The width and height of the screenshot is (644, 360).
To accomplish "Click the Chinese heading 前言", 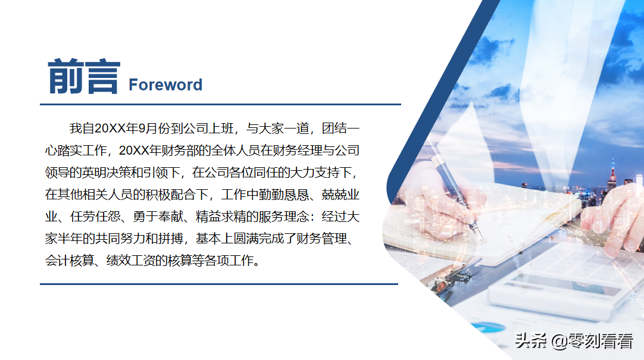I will click(x=83, y=78).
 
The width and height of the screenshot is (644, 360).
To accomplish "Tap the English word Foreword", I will click(x=165, y=85).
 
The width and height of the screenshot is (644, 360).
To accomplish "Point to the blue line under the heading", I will click(x=220, y=104).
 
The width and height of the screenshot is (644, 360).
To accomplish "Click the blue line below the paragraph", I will click(x=218, y=284).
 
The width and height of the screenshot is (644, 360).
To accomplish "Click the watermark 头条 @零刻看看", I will click(x=574, y=341).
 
